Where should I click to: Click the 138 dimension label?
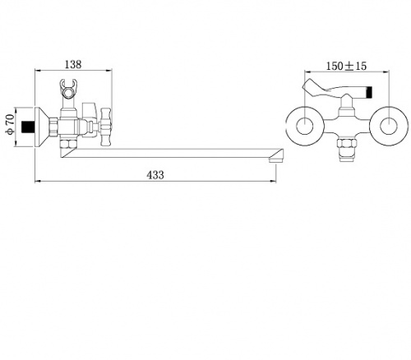click(x=73, y=65)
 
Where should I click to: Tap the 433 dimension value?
click(x=155, y=175)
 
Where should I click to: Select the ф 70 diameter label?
click(x=10, y=124)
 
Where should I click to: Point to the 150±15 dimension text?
click(x=346, y=66)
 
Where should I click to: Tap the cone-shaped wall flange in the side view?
click(x=42, y=127)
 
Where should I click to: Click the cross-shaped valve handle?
click(x=106, y=127)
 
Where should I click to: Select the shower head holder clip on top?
click(x=68, y=88)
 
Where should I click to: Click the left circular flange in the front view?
click(x=305, y=126)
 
